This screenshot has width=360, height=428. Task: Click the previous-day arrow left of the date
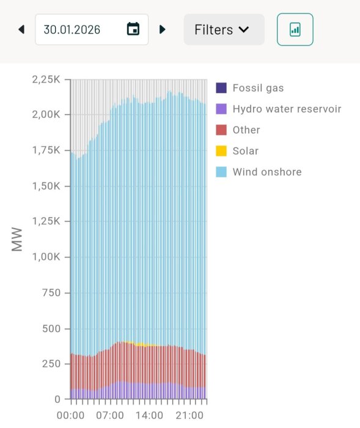click(x=21, y=29)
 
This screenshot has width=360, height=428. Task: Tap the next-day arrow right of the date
click(x=163, y=29)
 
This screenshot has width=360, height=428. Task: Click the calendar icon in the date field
click(x=133, y=29)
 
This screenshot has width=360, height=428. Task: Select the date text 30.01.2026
click(x=72, y=29)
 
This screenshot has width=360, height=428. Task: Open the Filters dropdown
click(x=224, y=29)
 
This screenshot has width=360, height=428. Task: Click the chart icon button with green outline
click(x=295, y=29)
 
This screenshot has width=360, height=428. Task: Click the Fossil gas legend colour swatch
click(x=221, y=88)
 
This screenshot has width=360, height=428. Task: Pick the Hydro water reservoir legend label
click(x=287, y=109)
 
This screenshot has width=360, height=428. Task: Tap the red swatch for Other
click(x=221, y=130)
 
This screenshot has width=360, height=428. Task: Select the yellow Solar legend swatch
click(x=221, y=151)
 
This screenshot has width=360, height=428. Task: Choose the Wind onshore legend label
click(x=267, y=172)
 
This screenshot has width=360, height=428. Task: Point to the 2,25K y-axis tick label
click(x=46, y=79)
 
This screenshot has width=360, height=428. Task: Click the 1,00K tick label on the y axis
click(x=46, y=257)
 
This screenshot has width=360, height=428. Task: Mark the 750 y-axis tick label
click(x=51, y=293)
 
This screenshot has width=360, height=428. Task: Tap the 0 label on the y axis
click(x=57, y=399)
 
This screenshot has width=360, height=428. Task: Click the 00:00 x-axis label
click(x=70, y=415)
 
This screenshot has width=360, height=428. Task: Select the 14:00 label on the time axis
click(x=149, y=415)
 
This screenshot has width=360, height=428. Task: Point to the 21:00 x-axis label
click(x=189, y=415)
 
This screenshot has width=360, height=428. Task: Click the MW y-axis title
click(x=17, y=239)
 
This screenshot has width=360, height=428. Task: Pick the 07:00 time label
click(x=110, y=415)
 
